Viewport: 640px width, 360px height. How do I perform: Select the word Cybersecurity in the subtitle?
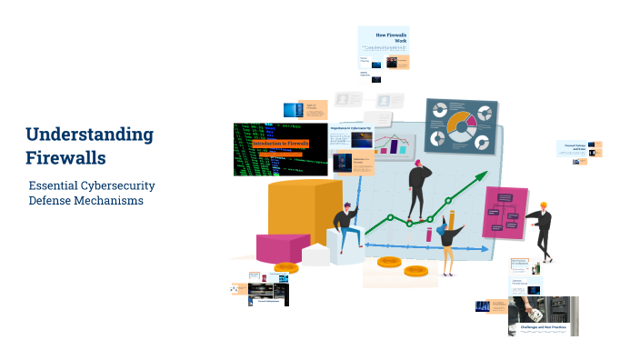[x=113, y=185]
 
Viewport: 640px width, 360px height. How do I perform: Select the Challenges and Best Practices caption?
[x=542, y=324]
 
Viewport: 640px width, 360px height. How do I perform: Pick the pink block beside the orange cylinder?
[x=282, y=247]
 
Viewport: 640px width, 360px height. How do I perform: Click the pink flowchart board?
[x=505, y=211]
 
